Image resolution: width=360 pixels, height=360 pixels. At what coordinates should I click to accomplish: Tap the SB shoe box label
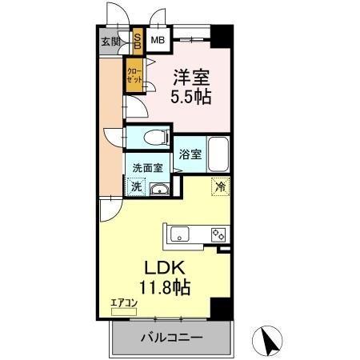(137, 42)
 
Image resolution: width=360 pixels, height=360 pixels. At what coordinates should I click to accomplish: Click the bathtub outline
(218, 153)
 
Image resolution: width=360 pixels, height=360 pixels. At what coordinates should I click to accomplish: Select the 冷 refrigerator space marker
(218, 186)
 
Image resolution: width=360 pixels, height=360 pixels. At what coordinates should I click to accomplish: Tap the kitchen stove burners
(216, 234)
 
